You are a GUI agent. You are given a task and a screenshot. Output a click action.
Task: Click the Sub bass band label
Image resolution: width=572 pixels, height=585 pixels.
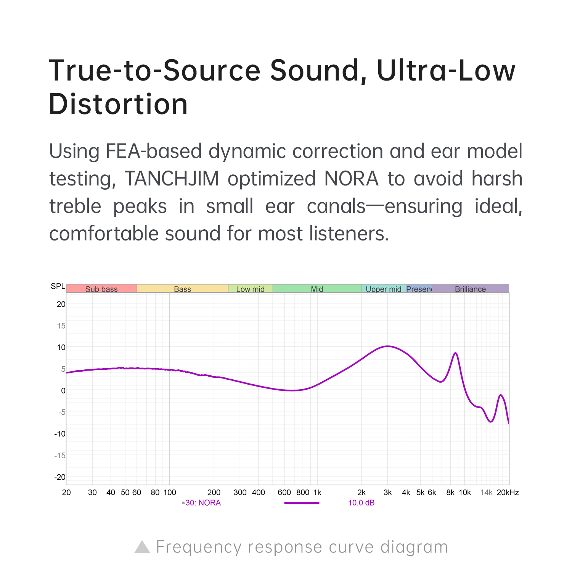click(101, 289)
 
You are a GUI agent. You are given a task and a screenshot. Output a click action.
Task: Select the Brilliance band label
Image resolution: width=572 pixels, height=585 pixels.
click(470, 289)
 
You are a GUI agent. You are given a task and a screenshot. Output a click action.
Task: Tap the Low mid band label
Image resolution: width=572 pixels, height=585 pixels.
click(250, 289)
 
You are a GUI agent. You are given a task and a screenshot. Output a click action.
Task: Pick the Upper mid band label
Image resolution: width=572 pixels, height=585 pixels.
click(383, 289)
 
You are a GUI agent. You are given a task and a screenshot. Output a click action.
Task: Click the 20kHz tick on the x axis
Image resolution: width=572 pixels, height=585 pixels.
click(508, 492)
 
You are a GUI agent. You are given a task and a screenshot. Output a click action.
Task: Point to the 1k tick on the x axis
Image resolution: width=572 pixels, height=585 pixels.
click(317, 492)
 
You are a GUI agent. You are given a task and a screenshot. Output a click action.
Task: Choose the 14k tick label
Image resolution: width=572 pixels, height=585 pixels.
click(486, 492)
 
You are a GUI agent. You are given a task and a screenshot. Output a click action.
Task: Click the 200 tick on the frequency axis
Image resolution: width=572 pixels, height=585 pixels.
click(214, 492)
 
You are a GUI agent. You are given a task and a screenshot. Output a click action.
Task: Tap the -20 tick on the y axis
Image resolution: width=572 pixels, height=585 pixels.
click(60, 477)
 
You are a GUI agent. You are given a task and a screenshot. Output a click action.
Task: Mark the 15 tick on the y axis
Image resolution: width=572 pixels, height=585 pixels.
click(61, 326)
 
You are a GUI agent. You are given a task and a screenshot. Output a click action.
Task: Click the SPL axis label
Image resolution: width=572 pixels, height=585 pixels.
click(58, 286)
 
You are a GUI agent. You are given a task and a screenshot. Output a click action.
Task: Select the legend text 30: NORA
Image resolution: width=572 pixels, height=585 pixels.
click(203, 503)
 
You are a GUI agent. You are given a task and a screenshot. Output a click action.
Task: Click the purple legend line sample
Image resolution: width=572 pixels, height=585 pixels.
click(302, 503)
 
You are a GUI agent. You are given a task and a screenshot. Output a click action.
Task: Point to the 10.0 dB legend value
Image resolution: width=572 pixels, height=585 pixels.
click(361, 503)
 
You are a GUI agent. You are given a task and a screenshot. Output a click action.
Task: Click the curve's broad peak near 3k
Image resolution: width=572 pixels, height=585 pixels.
click(387, 346)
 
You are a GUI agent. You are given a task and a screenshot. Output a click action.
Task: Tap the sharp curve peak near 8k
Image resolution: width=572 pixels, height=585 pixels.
click(455, 353)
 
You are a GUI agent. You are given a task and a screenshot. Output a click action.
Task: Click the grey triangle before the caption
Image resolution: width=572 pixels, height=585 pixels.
click(142, 547)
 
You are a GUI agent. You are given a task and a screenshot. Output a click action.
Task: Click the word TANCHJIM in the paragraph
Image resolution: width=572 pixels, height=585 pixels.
click(172, 179)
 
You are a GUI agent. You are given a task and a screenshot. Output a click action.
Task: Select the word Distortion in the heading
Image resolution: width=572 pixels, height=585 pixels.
click(118, 104)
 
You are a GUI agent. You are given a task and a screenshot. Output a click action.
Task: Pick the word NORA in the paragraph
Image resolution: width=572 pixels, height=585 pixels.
click(351, 179)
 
